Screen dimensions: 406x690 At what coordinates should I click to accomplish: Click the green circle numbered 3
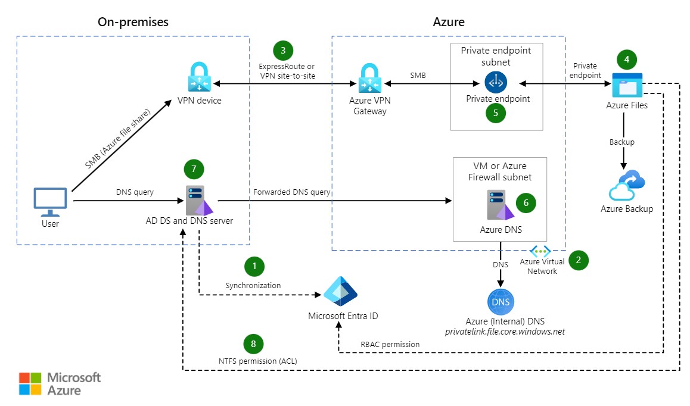283,50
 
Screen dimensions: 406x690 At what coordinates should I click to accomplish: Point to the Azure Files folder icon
627,85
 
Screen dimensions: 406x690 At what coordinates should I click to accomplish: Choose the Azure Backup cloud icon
626,186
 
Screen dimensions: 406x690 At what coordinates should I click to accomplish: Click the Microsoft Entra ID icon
340,291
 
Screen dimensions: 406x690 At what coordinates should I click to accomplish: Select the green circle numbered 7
194,168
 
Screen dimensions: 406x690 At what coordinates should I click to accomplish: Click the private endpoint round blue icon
496,82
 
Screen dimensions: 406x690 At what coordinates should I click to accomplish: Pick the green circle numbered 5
496,113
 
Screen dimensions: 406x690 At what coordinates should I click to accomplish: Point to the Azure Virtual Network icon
540,252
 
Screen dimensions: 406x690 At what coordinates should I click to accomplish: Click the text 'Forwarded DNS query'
292,192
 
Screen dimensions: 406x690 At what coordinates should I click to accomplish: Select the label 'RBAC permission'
390,344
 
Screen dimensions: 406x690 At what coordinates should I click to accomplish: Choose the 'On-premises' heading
133,22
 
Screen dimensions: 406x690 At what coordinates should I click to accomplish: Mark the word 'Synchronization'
253,285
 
